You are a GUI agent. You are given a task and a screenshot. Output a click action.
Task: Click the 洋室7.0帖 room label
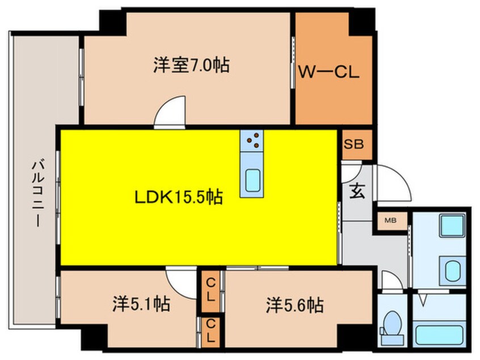191,65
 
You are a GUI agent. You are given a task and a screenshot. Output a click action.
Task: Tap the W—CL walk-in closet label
330,73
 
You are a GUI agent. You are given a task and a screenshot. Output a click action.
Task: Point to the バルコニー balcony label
38,193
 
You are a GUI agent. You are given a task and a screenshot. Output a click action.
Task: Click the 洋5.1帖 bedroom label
141,305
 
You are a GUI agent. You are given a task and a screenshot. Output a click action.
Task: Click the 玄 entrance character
356,192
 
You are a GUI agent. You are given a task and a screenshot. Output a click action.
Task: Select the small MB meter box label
391,220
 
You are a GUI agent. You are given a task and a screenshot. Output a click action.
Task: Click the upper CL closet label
211,288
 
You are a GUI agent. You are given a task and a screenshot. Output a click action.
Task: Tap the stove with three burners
251,141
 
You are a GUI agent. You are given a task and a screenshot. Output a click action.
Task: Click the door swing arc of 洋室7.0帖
170,111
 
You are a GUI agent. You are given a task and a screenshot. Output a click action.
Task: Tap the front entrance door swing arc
393,181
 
